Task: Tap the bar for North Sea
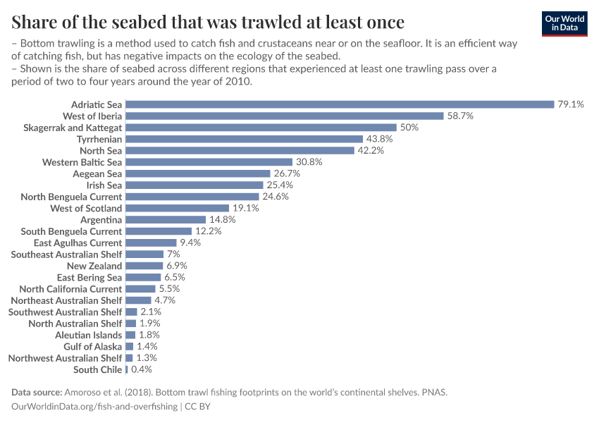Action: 240,150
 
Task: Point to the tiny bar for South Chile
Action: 126,369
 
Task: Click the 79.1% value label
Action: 571,104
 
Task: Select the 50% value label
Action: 409,128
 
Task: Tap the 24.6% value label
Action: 276,197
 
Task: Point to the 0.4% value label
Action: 141,369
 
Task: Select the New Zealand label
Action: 94,266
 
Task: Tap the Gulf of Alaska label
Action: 92,346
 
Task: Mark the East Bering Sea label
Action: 89,277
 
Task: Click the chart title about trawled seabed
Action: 208,21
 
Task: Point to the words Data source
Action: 37,392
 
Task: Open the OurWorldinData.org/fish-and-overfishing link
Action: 94,407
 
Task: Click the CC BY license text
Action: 198,407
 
